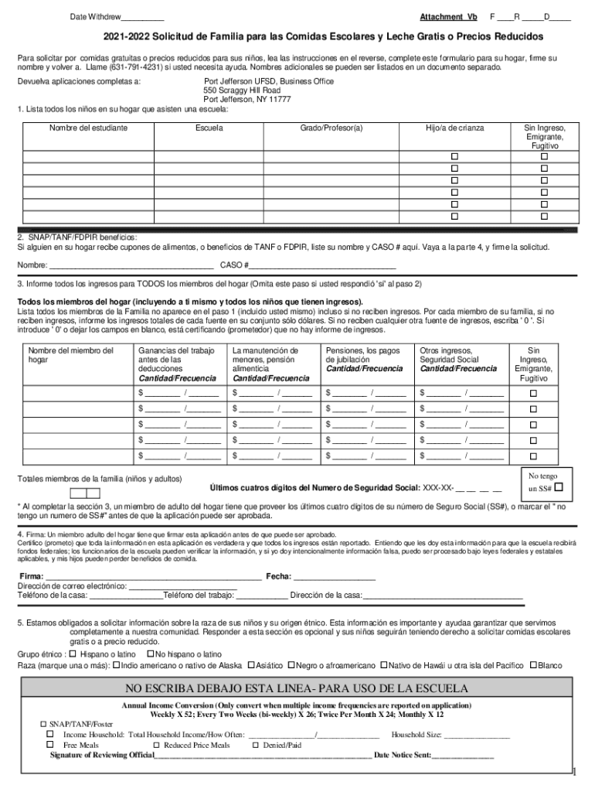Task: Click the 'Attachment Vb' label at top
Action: coord(448,16)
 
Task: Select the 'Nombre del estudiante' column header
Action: coord(88,128)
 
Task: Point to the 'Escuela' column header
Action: coord(209,128)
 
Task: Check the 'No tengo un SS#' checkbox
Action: coord(559,488)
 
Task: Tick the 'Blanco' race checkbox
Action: coord(533,665)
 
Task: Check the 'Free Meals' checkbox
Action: coord(50,745)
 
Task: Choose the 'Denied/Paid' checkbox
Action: coord(256,745)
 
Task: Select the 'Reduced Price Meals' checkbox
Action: coord(156,745)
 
